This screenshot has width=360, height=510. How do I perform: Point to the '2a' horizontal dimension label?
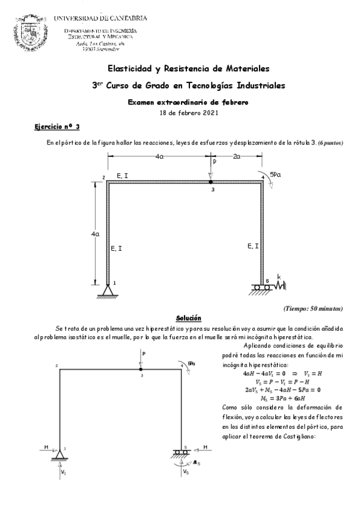[x=237, y=156]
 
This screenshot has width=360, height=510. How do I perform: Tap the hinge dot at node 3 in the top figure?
[x=211, y=181]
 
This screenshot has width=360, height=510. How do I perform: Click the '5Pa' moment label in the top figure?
[x=275, y=174]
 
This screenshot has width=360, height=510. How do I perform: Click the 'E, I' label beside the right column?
[x=253, y=246]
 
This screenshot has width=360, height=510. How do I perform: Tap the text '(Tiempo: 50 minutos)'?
[x=313, y=308]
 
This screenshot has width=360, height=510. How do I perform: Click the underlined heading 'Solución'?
[x=188, y=318]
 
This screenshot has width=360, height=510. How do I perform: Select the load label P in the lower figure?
[x=144, y=355]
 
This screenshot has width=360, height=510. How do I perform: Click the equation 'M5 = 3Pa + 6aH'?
[x=272, y=398]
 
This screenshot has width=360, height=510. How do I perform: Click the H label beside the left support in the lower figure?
[x=47, y=447]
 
